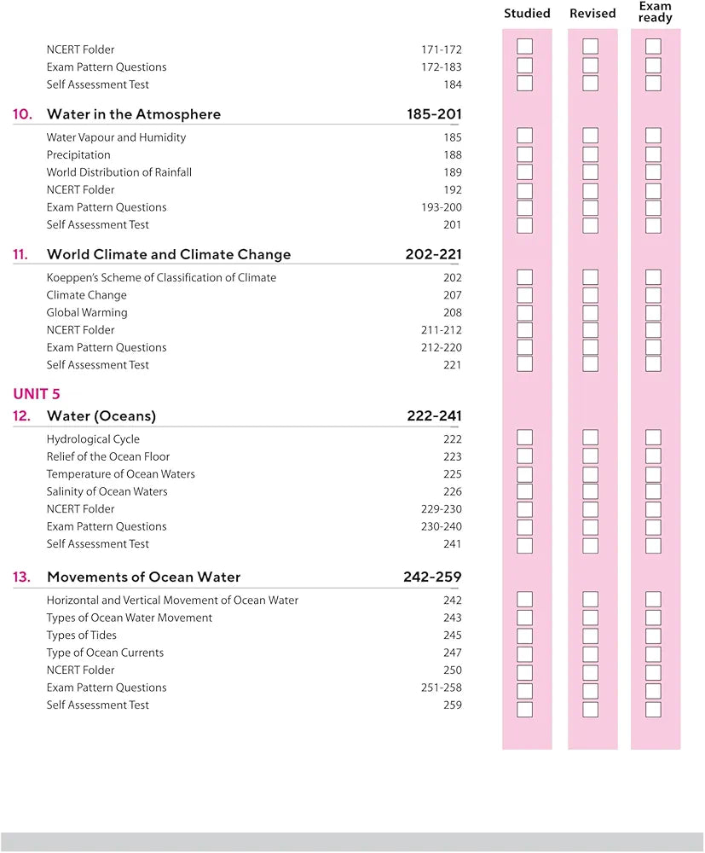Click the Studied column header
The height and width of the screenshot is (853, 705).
(527, 14)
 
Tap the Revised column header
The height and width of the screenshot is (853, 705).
(592, 14)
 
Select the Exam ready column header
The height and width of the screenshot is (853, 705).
(655, 12)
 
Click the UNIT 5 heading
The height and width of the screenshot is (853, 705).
(37, 394)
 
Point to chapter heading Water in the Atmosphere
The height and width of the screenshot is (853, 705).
(134, 114)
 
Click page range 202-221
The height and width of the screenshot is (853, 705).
(434, 254)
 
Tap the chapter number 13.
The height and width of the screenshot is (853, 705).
(21, 577)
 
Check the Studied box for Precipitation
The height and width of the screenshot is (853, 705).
(525, 154)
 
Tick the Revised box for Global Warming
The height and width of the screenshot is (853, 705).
(590, 312)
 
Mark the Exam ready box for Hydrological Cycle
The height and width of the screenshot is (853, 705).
(653, 438)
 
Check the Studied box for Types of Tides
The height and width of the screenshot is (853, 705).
(525, 635)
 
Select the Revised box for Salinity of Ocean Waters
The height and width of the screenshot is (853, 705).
(590, 491)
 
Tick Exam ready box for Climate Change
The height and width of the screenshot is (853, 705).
(653, 295)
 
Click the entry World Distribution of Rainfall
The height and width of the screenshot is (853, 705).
(119, 172)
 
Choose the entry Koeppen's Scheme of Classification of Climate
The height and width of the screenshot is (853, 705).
(161, 277)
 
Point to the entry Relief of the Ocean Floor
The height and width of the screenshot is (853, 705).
(108, 456)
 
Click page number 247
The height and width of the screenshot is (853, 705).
(453, 653)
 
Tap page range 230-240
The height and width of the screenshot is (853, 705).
(442, 526)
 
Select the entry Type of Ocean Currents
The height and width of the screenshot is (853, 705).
(105, 653)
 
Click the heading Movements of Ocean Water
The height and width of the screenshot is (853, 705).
(143, 577)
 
